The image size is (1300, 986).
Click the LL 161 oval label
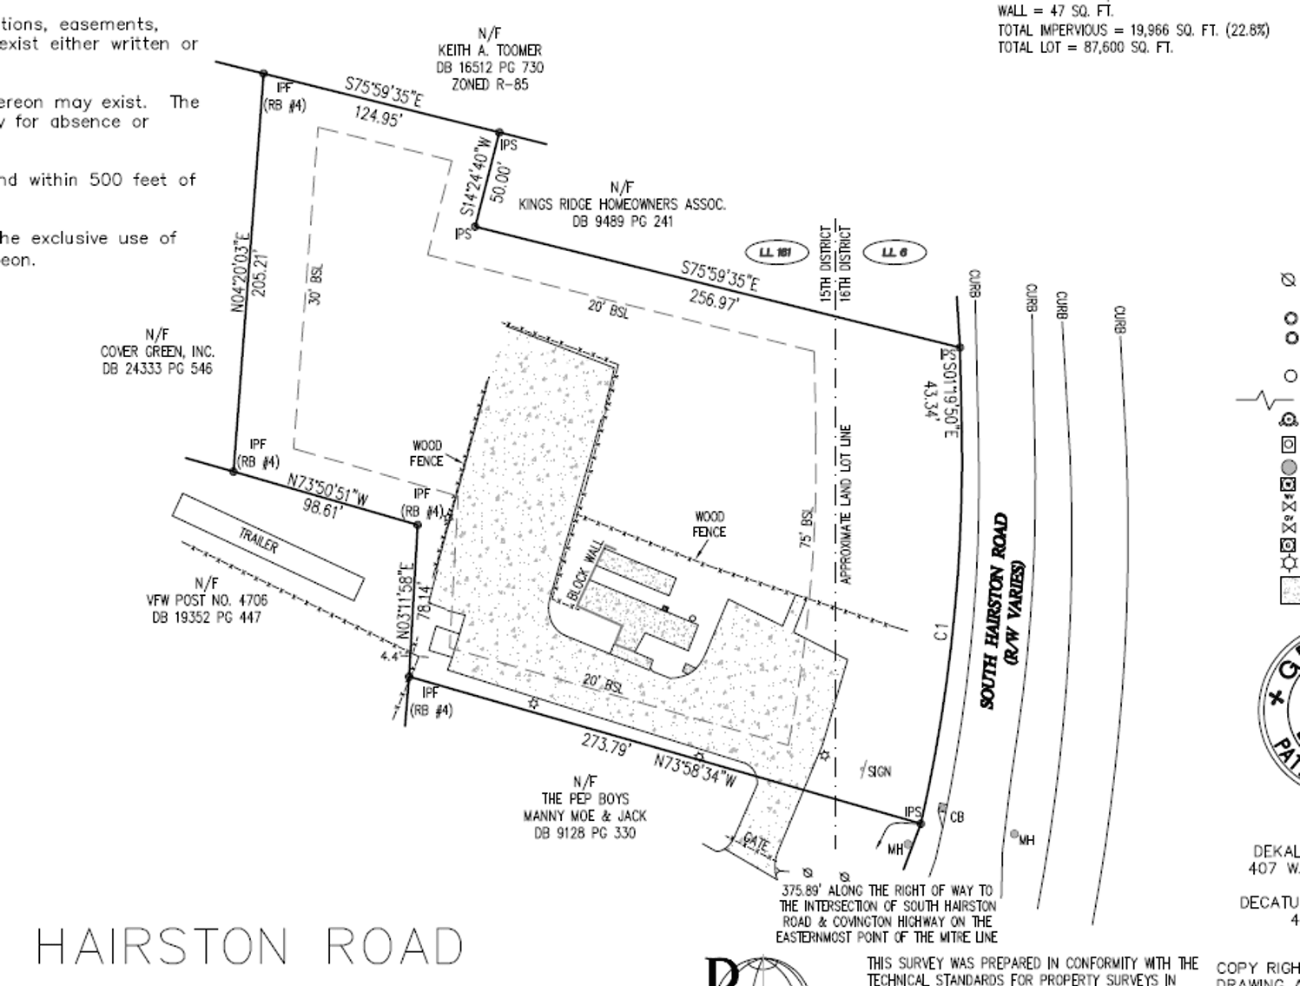775,253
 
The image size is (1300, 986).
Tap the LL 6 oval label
894,253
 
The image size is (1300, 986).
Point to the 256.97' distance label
714,300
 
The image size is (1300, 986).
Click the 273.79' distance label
606,745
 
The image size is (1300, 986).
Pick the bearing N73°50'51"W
327,490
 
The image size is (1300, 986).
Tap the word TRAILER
259,541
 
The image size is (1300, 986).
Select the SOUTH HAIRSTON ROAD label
995,611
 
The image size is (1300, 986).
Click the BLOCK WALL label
585,570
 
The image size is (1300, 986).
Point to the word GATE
756,842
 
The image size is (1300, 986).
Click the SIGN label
879,771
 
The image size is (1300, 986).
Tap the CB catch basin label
957,817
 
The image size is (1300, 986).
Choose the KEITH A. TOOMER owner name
490,50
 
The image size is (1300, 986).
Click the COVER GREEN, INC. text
157,352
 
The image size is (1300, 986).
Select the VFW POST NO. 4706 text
207,600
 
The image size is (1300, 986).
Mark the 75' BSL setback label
807,527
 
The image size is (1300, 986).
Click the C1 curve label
940,632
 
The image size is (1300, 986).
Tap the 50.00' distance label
498,183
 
